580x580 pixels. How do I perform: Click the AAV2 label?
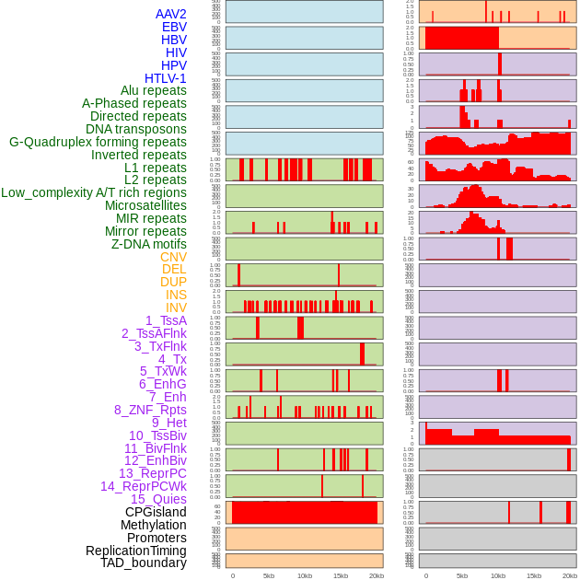171,14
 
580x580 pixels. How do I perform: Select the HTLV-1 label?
166,78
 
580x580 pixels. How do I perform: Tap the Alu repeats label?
154,90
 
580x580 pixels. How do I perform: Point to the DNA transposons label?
136,129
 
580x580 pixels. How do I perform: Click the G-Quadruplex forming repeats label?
98,142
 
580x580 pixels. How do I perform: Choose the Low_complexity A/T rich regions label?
94,192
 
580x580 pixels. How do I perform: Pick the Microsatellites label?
145,205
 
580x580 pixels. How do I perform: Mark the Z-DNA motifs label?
149,244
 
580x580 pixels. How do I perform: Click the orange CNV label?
173,257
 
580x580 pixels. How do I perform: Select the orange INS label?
176,295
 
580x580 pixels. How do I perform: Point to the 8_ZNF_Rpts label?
150,410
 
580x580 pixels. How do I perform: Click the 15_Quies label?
157,499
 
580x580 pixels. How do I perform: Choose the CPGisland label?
156,512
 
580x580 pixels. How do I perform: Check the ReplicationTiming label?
135,551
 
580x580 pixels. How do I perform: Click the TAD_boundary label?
144,563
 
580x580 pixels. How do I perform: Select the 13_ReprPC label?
152,473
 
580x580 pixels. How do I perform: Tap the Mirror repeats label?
145,231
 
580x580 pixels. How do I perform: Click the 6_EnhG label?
163,384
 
